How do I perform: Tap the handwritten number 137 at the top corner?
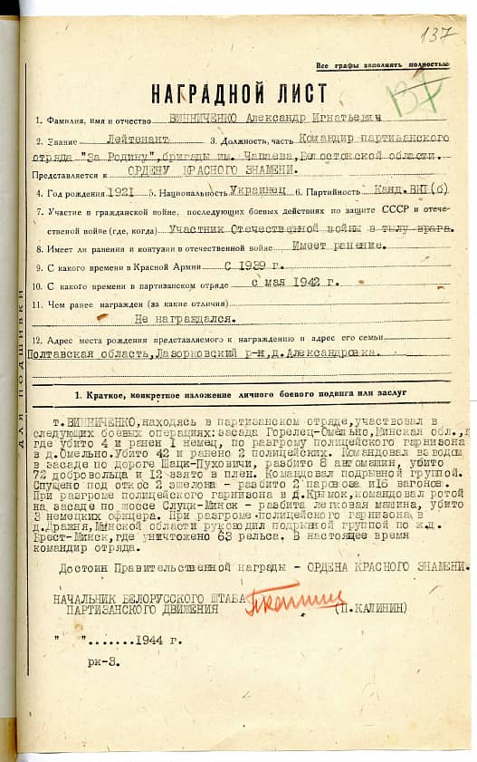[440, 35]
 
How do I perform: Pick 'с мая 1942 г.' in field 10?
[299, 282]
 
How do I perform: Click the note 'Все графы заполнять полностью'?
[382, 65]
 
